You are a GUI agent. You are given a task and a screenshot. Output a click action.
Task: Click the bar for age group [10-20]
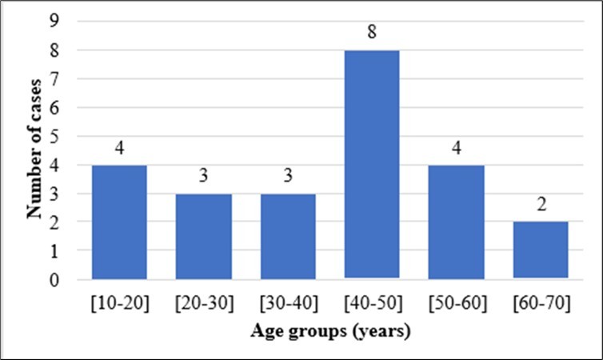[119, 222]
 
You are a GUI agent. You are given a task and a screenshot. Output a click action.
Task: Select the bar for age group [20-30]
[203, 237]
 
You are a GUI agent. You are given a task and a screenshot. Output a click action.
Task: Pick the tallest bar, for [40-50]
[371, 165]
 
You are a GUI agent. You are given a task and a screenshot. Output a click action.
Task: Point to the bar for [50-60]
[456, 222]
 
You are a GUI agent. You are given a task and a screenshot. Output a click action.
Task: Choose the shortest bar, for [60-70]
[540, 251]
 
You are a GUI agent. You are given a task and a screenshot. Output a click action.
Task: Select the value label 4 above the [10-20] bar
[119, 149]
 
